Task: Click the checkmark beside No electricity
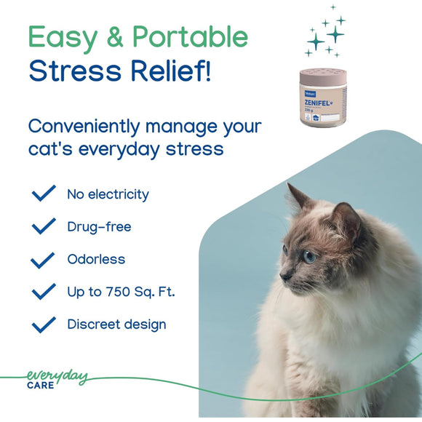pos(44,194)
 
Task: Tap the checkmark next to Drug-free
pos(44,226)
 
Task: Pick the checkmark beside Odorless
pos(44,259)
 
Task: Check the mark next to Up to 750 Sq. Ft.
pos(44,292)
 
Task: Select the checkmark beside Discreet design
pos(44,324)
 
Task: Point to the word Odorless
pos(96,259)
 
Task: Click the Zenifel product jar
pos(323,98)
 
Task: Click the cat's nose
pos(284,276)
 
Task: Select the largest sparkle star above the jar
pos(335,33)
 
